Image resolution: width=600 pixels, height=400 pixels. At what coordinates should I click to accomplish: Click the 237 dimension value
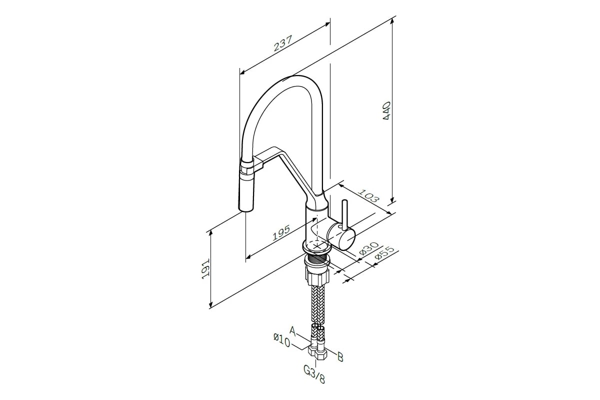pyautogui.click(x=282, y=43)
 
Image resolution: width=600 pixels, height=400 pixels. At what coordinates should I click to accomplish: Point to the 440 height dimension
pyautogui.click(x=387, y=110)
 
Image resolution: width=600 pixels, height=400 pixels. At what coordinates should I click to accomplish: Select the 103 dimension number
pyautogui.click(x=369, y=196)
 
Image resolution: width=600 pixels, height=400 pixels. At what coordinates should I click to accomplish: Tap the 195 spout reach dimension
pyautogui.click(x=281, y=232)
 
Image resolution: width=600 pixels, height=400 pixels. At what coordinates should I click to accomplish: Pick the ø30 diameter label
pyautogui.click(x=369, y=249)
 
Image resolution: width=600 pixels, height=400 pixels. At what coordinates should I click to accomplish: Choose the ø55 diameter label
pyautogui.click(x=385, y=253)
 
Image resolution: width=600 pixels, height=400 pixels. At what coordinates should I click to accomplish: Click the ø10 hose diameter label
pyautogui.click(x=282, y=340)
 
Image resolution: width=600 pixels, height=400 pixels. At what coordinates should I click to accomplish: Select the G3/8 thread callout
pyautogui.click(x=314, y=374)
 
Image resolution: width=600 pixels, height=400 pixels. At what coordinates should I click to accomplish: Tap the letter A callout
pyautogui.click(x=293, y=331)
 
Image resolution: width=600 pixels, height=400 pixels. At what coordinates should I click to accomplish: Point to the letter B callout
pyautogui.click(x=340, y=357)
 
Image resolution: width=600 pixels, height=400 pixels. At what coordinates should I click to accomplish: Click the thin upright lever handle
pyautogui.click(x=344, y=215)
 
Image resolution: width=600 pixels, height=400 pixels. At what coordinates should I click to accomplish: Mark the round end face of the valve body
pyautogui.click(x=347, y=241)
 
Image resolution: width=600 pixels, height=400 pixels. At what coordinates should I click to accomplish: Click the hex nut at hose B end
pyautogui.click(x=321, y=355)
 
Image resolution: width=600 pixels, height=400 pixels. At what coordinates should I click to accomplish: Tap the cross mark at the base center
pyautogui.click(x=317, y=245)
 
